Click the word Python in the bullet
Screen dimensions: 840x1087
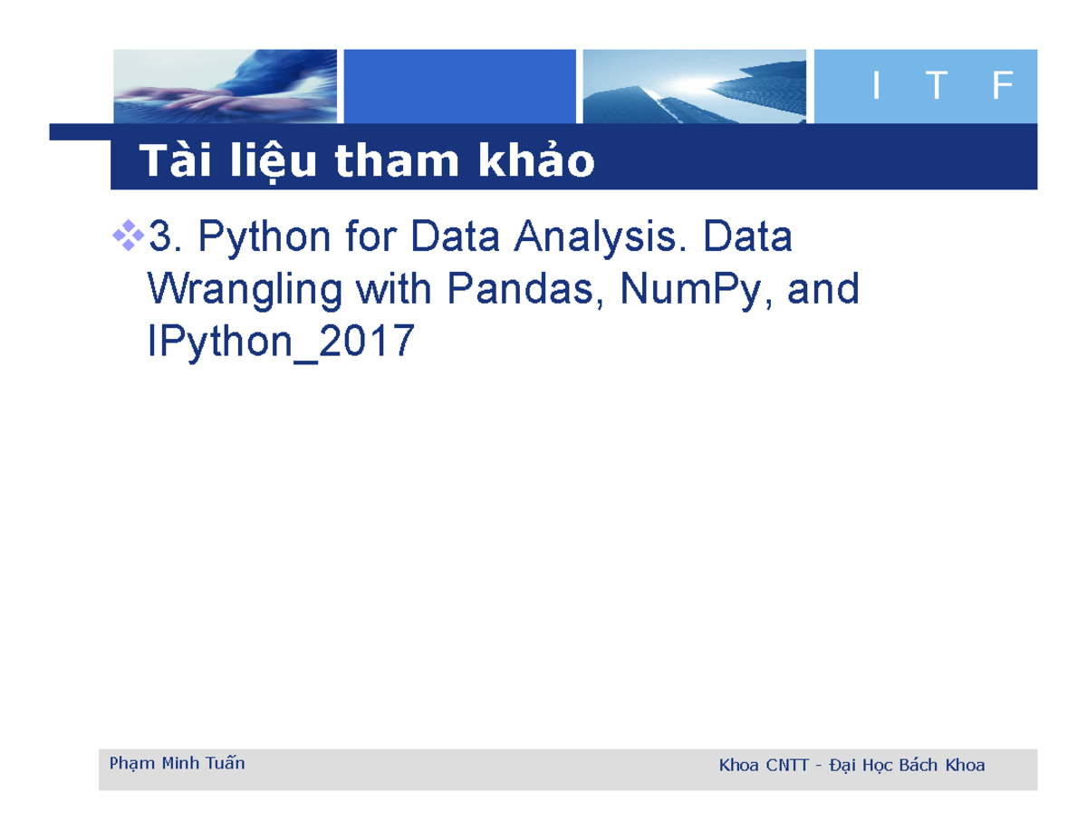coord(250,239)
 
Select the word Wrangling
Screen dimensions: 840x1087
coord(244,290)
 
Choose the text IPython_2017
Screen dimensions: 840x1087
coord(280,342)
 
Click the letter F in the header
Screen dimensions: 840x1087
coord(1001,87)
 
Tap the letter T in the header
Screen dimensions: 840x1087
coord(938,87)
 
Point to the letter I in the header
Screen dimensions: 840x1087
coord(875,87)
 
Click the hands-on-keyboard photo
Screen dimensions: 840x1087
coord(226,86)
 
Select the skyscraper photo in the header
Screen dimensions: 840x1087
coord(695,86)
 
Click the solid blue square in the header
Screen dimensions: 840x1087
coord(460,86)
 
